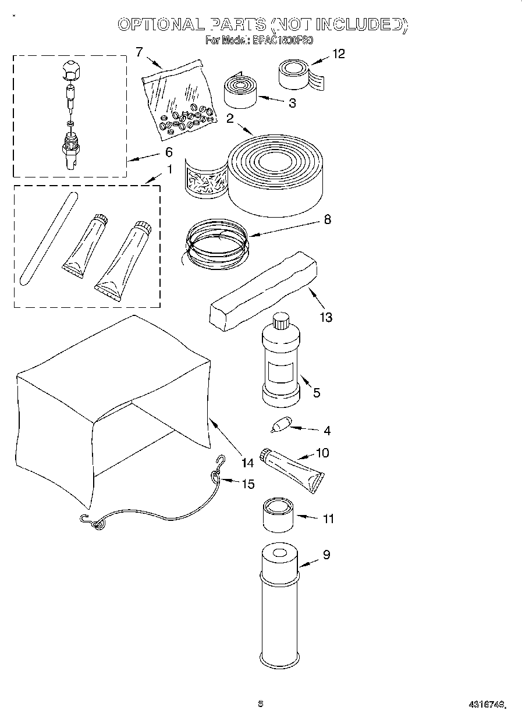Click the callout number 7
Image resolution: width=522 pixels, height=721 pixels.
139,52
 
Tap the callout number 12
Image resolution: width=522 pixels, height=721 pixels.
338,54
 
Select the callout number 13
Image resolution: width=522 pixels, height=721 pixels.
325,317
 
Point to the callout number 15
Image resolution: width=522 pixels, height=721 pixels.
248,484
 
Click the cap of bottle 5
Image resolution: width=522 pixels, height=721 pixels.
281,320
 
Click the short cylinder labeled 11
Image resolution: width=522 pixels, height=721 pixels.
278,514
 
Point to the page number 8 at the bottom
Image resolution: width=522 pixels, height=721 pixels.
261,704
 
